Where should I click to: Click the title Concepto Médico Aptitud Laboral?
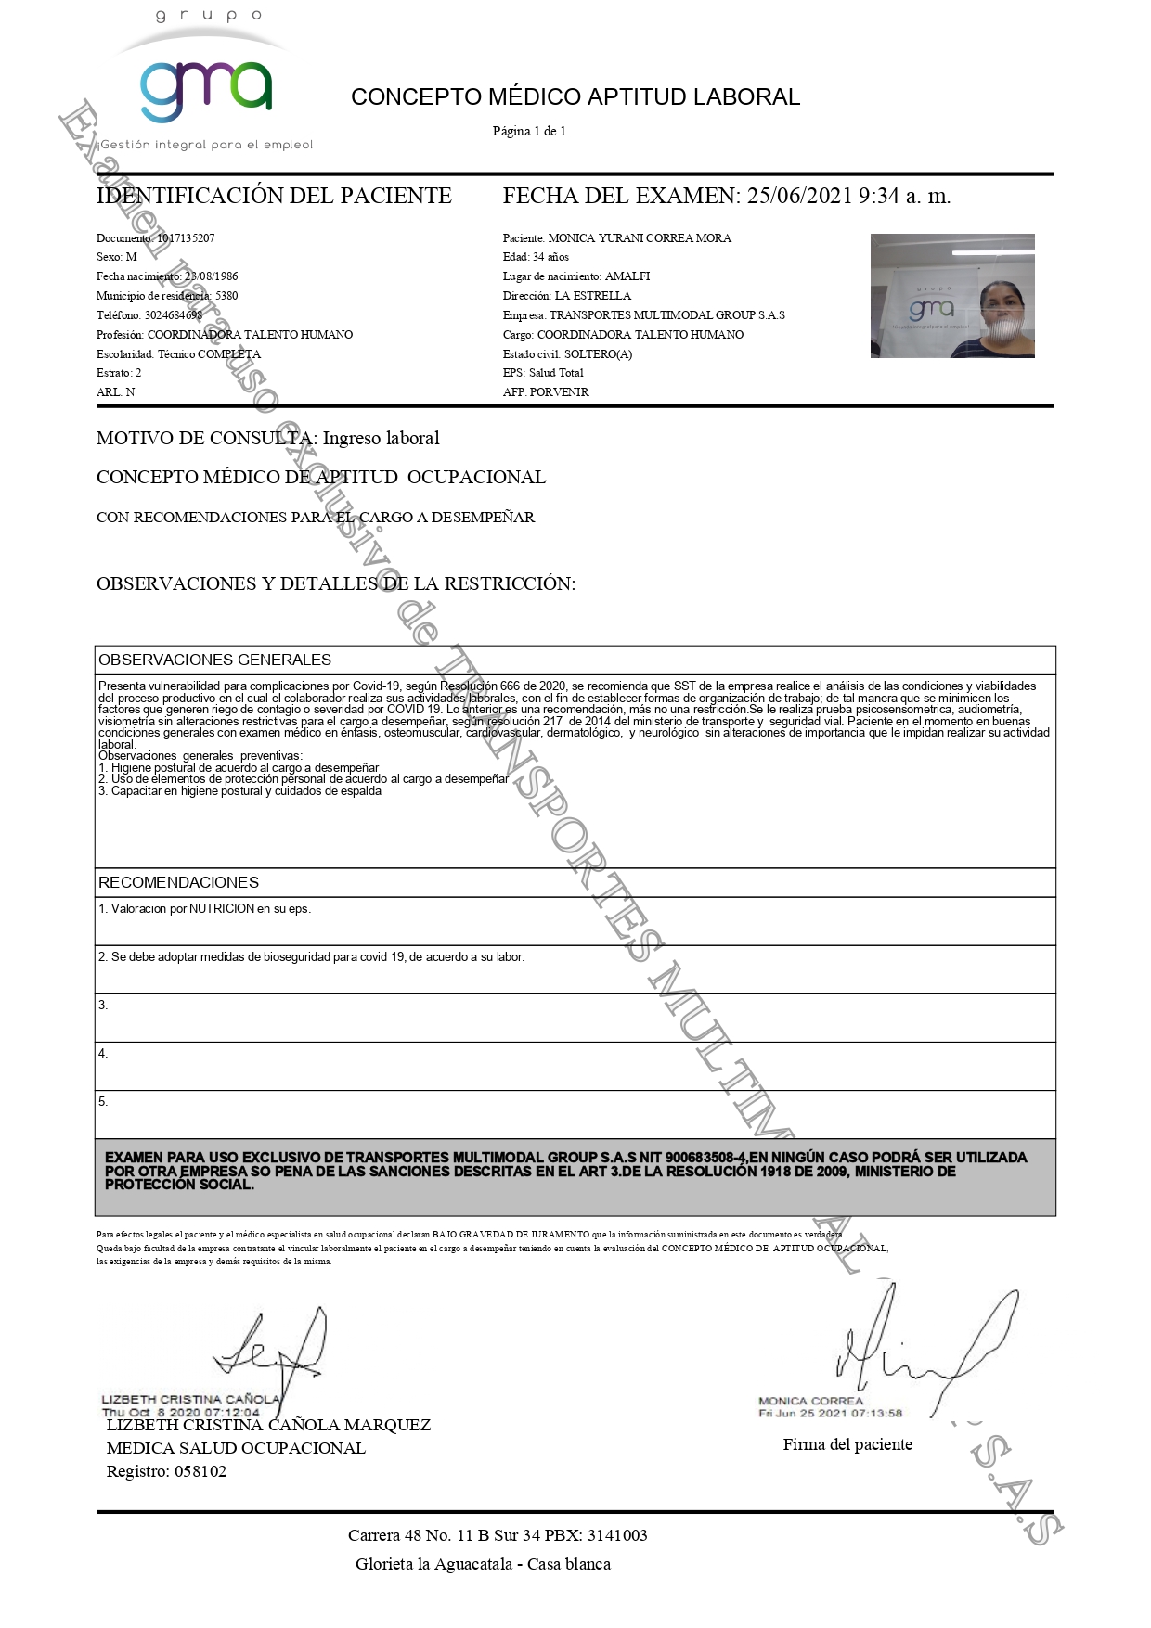click(575, 97)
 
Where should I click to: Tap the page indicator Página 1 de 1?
click(529, 131)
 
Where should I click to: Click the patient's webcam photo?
click(951, 296)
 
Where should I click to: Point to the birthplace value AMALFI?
click(627, 276)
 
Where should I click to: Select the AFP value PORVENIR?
click(559, 392)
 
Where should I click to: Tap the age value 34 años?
click(550, 257)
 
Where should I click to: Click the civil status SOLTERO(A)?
click(598, 354)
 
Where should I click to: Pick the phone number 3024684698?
click(174, 315)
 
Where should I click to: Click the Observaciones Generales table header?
click(214, 660)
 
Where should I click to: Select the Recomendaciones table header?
click(179, 882)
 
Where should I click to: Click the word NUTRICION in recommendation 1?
click(222, 909)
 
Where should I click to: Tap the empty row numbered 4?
click(575, 1066)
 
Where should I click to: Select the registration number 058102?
click(200, 1472)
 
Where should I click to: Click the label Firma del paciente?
click(847, 1444)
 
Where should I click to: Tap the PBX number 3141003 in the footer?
click(617, 1535)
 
